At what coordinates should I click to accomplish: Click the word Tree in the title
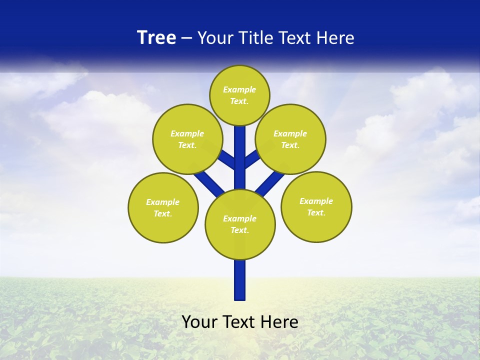pos(156,38)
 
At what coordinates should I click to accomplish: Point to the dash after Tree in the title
pos(187,38)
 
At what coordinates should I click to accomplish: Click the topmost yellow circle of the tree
pos(239,95)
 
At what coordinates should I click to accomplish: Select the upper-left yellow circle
pos(187,139)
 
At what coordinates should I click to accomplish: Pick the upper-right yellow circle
pos(290,139)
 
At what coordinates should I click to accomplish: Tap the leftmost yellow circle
pos(163,207)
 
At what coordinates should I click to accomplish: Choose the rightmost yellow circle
pos(316,206)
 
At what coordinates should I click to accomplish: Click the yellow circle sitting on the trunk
pos(240,224)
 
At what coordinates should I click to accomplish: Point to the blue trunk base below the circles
pos(240,280)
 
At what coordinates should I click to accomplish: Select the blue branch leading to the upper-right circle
pos(251,159)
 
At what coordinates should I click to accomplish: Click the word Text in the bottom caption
pos(238,322)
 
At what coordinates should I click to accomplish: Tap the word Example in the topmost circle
pos(239,90)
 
